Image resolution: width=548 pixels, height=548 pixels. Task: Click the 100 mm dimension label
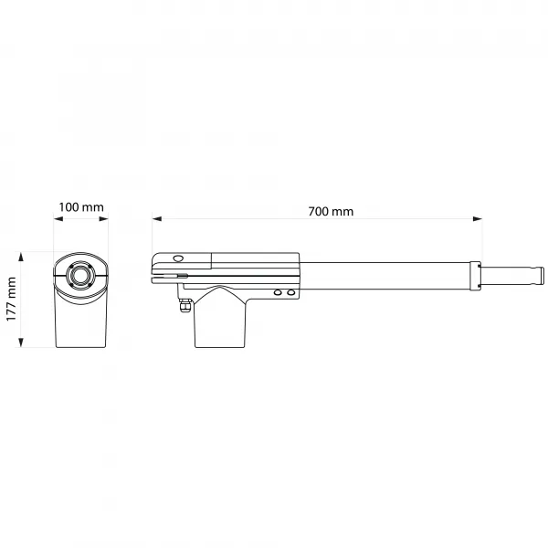(x=81, y=207)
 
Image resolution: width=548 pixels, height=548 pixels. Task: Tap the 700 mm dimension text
(x=331, y=212)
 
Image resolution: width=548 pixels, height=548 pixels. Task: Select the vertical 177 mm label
(x=11, y=300)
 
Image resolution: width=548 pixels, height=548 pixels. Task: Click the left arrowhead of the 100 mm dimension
(x=58, y=219)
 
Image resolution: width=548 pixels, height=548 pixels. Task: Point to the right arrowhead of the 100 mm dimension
(x=104, y=219)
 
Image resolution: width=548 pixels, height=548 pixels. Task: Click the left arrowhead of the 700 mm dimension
(x=157, y=219)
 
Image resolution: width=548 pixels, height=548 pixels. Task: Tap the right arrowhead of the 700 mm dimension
(x=478, y=219)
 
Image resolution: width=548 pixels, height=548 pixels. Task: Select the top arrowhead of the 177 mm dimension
(x=21, y=257)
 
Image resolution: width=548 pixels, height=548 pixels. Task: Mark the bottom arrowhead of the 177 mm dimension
(x=21, y=342)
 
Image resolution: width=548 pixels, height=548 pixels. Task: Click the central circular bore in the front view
(x=80, y=276)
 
